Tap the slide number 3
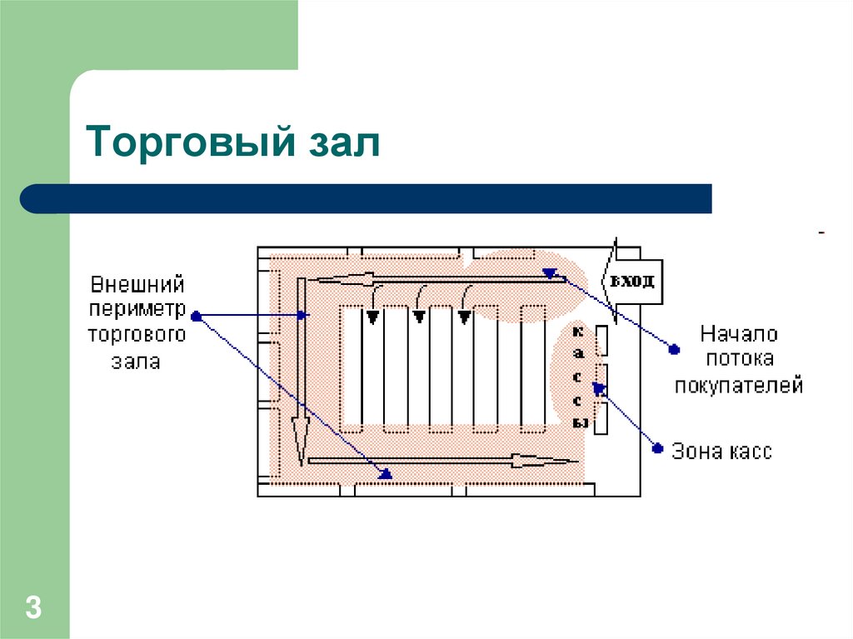[x=33, y=607]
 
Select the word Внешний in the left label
[x=137, y=284]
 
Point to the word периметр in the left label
[x=137, y=309]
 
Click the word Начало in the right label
[x=738, y=335]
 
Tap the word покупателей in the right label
[x=738, y=386]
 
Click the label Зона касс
[x=723, y=452]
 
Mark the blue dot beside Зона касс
[x=657, y=449]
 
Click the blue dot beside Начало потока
[x=672, y=349]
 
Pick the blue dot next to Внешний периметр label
[x=196, y=316]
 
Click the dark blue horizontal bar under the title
[x=367, y=199]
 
